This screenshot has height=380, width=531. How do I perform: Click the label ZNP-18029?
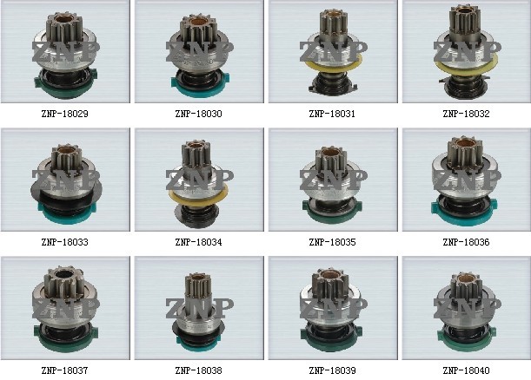(x=64, y=114)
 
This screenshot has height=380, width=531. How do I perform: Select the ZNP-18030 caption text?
(x=198, y=114)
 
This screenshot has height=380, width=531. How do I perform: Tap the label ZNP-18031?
(x=332, y=114)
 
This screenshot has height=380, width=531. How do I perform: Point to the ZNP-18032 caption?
(x=466, y=114)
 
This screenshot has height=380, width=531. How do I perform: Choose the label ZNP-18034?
(x=198, y=242)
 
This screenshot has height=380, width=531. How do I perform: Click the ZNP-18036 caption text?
(x=466, y=242)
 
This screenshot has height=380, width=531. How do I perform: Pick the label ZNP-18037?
(x=64, y=370)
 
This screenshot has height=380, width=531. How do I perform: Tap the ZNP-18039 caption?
(x=332, y=370)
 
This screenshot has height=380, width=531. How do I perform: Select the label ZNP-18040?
(x=466, y=370)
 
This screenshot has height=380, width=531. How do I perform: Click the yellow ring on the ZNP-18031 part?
(x=334, y=68)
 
